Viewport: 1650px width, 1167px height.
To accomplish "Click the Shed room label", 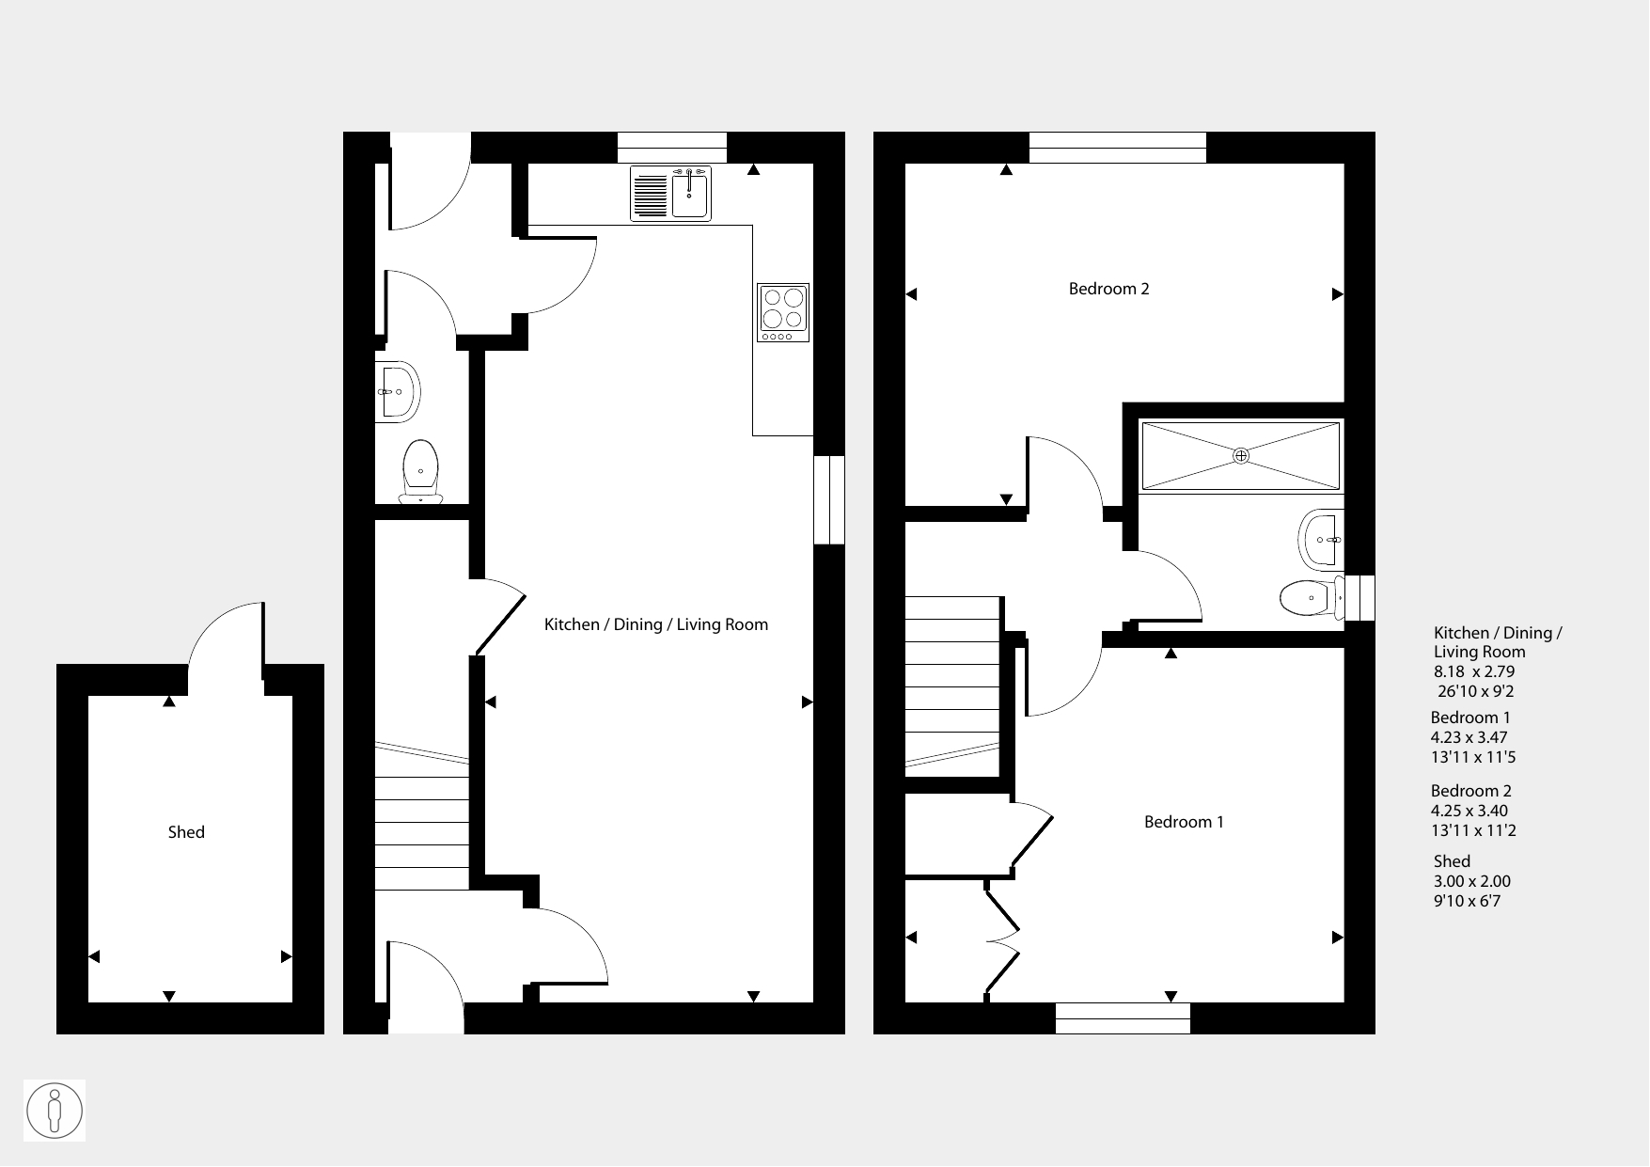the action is tap(186, 832).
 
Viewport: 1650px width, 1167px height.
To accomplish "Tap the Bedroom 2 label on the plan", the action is tap(1109, 289).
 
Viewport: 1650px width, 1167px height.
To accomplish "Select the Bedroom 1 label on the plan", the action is tap(1184, 822).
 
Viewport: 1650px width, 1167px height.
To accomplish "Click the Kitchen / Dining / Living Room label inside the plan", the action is tap(656, 624).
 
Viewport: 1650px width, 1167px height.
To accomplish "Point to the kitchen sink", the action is tap(671, 194).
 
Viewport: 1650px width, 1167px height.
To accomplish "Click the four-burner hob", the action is tap(784, 312).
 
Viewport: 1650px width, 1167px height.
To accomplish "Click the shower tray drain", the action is tap(1241, 456).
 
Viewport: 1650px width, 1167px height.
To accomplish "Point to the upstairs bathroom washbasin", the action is tap(1322, 540).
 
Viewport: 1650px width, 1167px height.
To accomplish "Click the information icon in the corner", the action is tap(55, 1111).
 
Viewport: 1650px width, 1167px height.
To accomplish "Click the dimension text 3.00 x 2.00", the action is tap(1471, 881).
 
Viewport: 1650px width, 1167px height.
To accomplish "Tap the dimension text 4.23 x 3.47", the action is tap(1470, 737).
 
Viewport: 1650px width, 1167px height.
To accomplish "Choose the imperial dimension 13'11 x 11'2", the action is tap(1473, 830).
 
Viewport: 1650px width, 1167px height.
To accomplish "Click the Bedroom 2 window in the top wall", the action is tap(1117, 148).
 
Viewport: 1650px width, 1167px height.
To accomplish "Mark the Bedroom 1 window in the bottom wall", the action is tap(1123, 1018).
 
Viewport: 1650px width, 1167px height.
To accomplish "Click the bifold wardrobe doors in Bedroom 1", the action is tap(1002, 938).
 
